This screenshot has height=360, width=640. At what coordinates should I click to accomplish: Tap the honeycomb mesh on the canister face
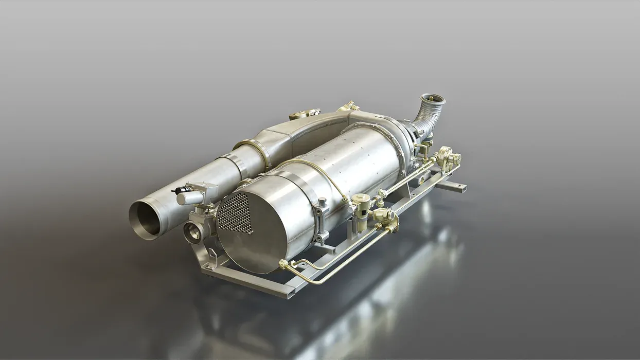pos(235,213)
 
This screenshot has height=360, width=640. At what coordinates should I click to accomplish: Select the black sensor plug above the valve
pos(180,190)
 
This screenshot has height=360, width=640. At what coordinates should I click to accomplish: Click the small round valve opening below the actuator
pos(193,232)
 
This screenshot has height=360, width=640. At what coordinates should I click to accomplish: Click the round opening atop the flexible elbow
pos(432,98)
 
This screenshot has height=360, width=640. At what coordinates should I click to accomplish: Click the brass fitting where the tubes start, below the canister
pos(283,264)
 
